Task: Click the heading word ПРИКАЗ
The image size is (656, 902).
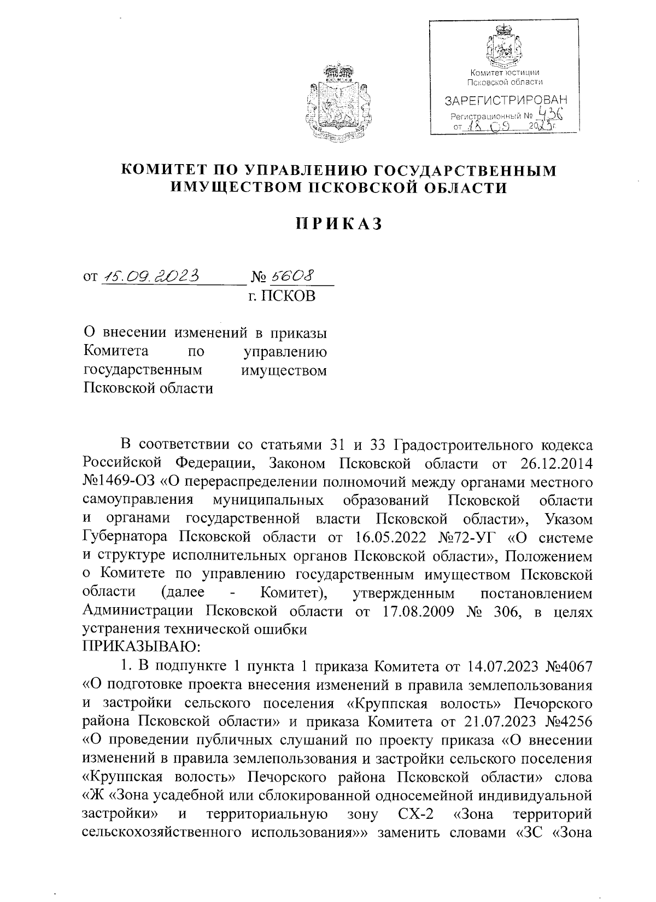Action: pyautogui.click(x=338, y=224)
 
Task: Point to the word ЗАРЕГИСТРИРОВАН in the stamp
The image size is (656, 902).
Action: pyautogui.click(x=506, y=101)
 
